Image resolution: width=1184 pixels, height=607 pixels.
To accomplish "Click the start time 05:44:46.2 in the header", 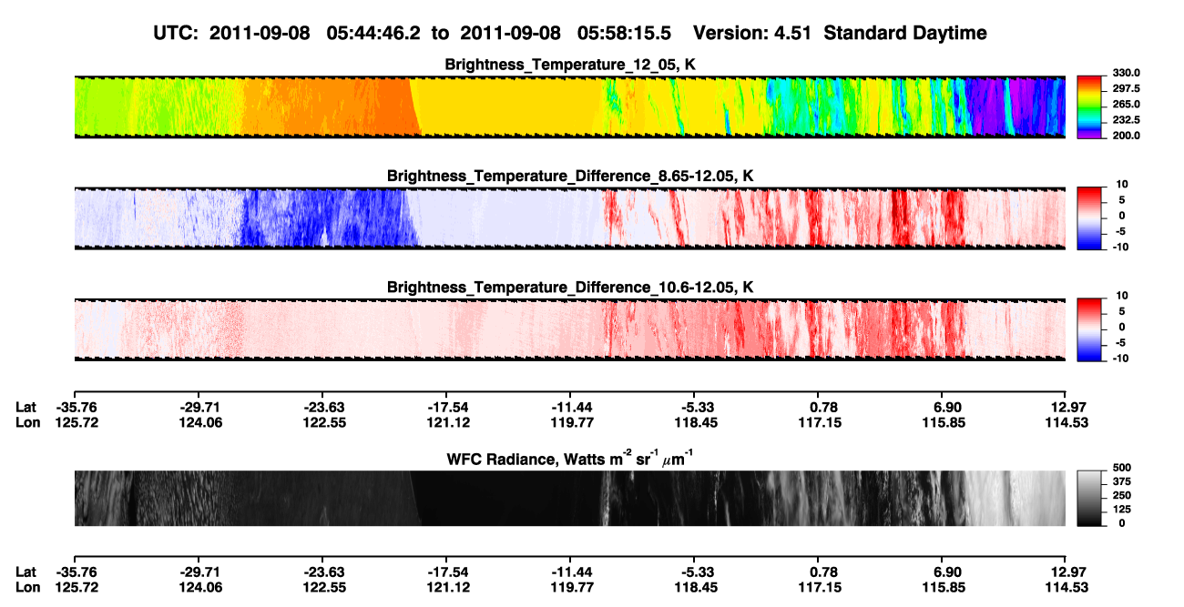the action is (x=373, y=34).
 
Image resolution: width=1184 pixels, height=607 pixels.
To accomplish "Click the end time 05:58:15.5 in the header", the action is (x=624, y=34).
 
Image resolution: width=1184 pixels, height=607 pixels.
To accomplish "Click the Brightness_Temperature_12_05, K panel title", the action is (x=570, y=65).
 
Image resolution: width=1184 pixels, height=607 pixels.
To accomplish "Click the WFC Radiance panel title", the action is (x=570, y=459).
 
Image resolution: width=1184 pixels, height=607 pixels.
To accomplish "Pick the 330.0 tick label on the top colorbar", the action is (x=1126, y=73).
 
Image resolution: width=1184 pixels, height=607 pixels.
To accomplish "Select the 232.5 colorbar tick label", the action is (x=1126, y=120).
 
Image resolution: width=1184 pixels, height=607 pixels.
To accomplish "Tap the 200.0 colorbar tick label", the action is (x=1126, y=136).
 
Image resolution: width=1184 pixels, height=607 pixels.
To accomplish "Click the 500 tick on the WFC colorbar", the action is (x=1122, y=468).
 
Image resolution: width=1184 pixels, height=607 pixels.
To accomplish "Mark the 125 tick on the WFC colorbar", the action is (x=1122, y=510).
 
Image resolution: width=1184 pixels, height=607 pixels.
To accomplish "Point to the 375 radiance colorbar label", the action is (x=1122, y=481).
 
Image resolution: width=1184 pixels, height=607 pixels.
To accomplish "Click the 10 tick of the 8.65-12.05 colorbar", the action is (x=1122, y=185).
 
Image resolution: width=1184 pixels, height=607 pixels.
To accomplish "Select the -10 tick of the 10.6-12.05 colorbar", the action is (x=1120, y=359).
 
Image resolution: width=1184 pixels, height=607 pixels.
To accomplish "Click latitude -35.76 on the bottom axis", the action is (x=77, y=572).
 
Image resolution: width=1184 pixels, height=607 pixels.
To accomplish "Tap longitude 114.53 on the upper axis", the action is (x=1067, y=422).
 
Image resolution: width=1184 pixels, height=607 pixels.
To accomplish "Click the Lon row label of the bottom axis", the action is (x=27, y=588).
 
